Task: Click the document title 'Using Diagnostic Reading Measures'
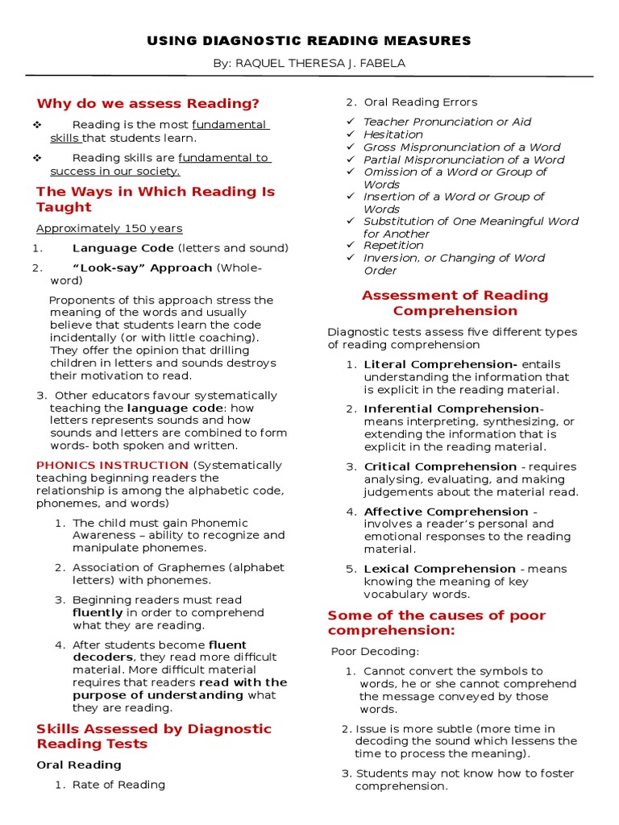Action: [x=309, y=41]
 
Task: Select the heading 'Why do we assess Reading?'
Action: [x=148, y=103]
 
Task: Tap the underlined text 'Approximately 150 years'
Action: [x=110, y=228]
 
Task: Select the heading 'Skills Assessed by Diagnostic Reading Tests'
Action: [x=154, y=736]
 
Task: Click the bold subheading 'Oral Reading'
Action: [x=79, y=765]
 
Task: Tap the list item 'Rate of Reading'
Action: [x=118, y=785]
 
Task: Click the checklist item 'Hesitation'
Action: [x=393, y=135]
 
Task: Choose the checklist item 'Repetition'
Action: [x=393, y=245]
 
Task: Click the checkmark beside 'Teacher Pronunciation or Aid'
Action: [x=350, y=122]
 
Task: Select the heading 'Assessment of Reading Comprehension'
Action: [x=455, y=303]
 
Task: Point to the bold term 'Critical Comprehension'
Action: [x=440, y=466]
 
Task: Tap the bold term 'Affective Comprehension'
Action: [x=446, y=512]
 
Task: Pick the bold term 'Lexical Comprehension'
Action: [x=440, y=569]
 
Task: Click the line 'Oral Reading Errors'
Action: [x=420, y=102]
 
